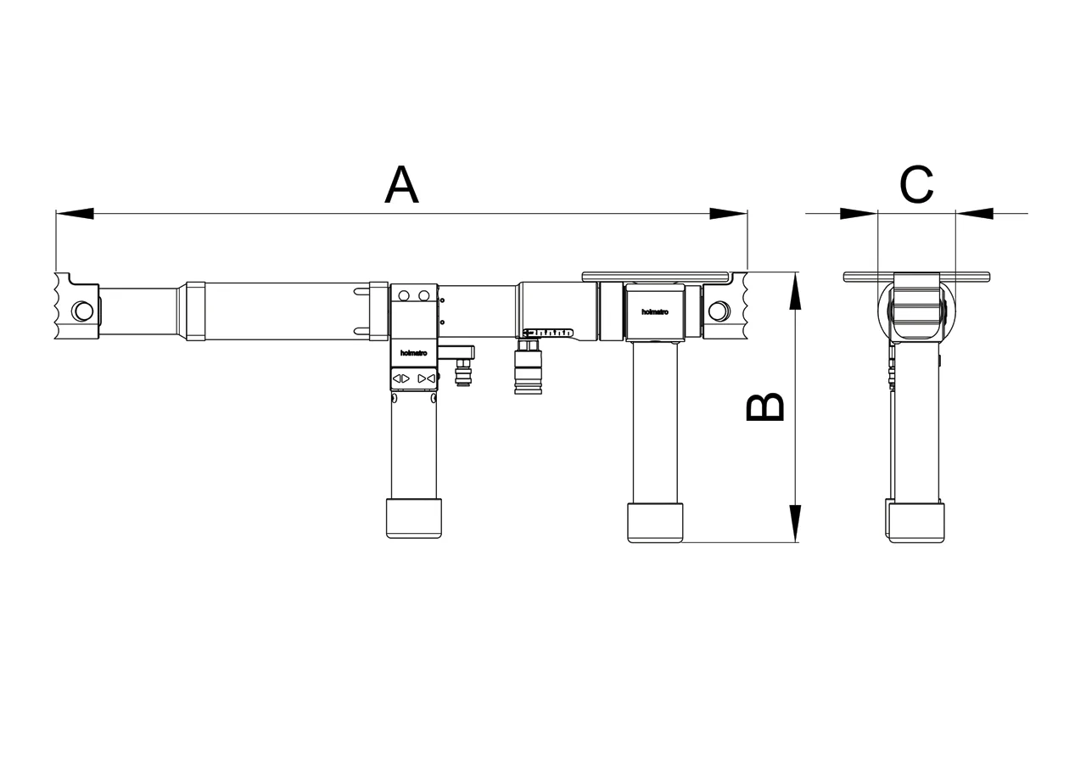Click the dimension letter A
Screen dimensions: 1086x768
click(401, 185)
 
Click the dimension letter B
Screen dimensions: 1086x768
click(764, 406)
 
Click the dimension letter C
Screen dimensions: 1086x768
click(916, 185)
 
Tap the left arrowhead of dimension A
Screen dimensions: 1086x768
click(75, 213)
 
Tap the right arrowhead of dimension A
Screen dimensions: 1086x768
click(728, 213)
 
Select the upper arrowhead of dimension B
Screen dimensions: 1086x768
click(795, 290)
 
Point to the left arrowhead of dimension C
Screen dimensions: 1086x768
click(859, 213)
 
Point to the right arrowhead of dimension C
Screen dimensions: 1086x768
click(975, 213)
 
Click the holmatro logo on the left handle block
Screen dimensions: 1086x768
click(413, 353)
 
